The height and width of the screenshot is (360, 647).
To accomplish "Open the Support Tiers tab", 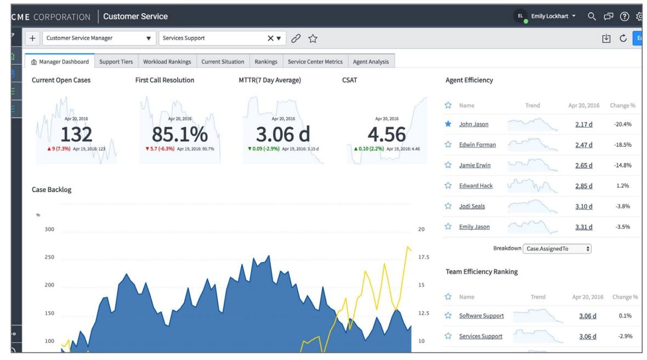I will [x=116, y=62].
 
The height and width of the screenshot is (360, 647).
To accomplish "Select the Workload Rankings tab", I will [x=167, y=62].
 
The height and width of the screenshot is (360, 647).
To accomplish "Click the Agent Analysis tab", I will [x=371, y=62].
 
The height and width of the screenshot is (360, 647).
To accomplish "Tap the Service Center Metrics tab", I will [x=315, y=62].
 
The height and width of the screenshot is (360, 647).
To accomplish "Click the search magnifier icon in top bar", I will [x=592, y=16].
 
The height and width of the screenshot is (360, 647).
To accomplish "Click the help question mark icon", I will [x=624, y=16].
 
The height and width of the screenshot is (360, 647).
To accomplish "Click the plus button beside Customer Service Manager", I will [x=32, y=38].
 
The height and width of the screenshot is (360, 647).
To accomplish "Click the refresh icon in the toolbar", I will [x=623, y=38].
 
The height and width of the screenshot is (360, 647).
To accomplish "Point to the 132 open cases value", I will [x=76, y=134].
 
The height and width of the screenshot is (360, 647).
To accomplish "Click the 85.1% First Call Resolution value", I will [x=179, y=134].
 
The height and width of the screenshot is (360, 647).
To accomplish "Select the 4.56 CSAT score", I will [x=387, y=134].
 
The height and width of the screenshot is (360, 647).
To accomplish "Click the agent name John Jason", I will [x=474, y=124].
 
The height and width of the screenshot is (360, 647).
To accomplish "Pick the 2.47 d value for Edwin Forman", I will [x=583, y=145].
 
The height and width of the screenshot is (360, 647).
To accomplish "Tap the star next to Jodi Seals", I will [x=448, y=206].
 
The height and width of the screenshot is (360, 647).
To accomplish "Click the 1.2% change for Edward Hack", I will [x=622, y=186].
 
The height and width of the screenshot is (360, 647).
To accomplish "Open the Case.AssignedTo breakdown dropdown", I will [x=557, y=249].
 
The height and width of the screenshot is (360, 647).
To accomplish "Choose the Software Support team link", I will [x=481, y=316].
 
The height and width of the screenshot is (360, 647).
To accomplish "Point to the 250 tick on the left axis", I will [x=49, y=257].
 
